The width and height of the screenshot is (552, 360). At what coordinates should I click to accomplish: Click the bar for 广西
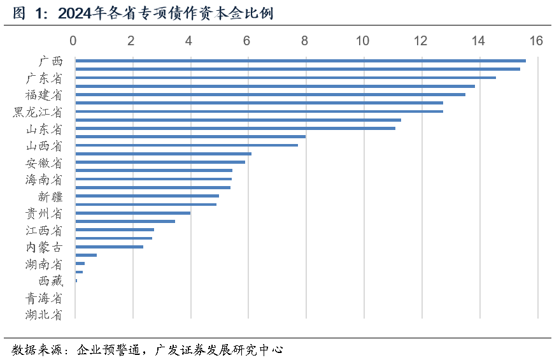click(300, 61)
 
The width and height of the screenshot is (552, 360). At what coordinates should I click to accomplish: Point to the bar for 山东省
click(235, 128)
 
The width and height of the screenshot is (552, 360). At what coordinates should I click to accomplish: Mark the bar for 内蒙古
click(109, 247)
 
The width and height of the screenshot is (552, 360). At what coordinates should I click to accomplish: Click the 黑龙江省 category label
click(38, 112)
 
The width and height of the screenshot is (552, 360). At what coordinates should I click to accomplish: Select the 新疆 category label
click(50, 196)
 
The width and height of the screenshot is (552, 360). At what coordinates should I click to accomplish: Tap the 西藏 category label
click(50, 281)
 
